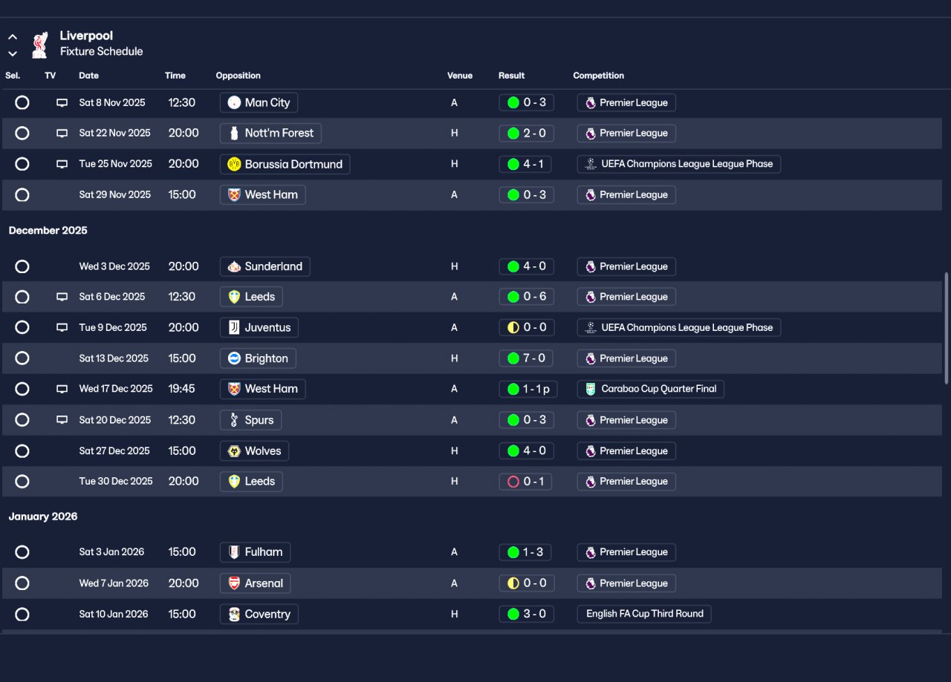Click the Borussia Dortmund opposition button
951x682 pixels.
point(285,164)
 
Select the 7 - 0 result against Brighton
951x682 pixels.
point(527,358)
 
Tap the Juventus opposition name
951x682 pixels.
point(268,327)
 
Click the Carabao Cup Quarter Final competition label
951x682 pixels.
point(650,389)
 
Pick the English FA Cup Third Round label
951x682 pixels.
point(644,614)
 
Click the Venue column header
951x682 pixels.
point(460,76)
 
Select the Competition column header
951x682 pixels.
point(599,76)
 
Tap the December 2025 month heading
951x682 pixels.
point(48,230)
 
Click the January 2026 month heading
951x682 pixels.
point(43,517)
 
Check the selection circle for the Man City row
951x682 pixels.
point(22,102)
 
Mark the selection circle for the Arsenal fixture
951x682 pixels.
point(22,583)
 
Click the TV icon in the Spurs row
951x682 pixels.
point(62,420)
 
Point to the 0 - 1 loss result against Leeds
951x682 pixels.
point(525,482)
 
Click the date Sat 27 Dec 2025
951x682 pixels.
point(114,451)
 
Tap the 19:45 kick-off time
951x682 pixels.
point(182,389)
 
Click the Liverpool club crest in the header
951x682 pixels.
point(40,45)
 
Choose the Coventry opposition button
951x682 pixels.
point(259,614)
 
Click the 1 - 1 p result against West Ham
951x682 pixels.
point(528,389)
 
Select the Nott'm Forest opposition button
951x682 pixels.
point(270,133)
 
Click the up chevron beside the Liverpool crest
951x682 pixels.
point(13,37)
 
